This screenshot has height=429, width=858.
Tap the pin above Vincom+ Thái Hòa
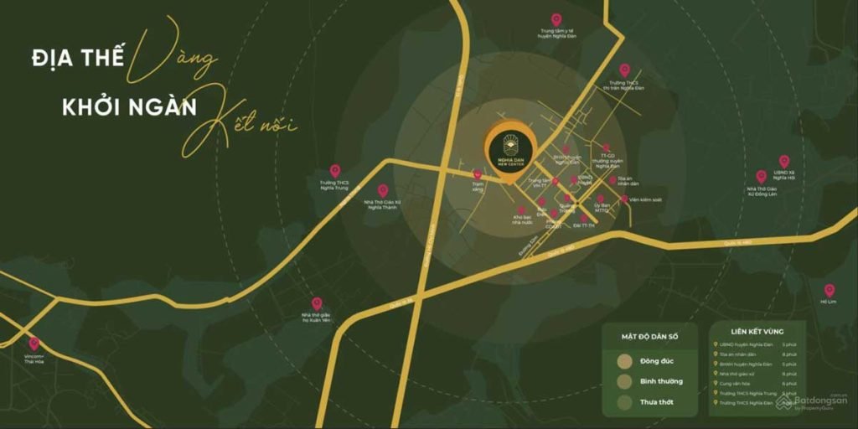(x=34, y=344)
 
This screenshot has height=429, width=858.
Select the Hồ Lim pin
(x=829, y=291)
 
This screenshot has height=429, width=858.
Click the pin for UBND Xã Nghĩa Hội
(x=784, y=161)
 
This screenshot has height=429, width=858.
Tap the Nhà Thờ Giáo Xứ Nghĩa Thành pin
(x=383, y=191)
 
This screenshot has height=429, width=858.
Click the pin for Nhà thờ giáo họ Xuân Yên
(x=317, y=303)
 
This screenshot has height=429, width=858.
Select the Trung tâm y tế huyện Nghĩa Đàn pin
(x=556, y=19)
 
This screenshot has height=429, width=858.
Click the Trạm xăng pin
(x=478, y=174)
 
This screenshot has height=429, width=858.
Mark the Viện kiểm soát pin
(x=624, y=199)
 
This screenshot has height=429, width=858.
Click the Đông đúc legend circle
(x=625, y=361)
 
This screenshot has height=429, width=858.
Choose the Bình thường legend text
(x=663, y=381)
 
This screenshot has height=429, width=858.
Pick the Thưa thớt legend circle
(x=625, y=401)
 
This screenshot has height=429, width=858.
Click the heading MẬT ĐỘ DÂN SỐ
(x=650, y=336)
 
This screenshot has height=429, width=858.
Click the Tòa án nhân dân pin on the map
(x=612, y=179)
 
